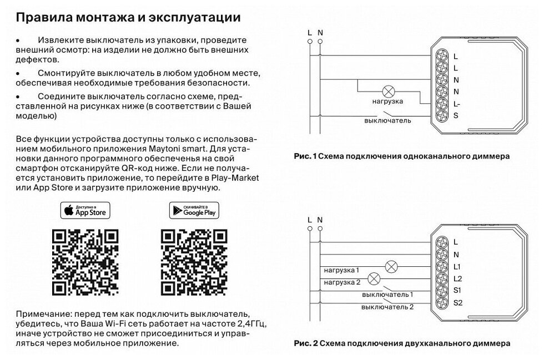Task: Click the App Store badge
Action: [85, 210]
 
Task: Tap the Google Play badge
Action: [194, 210]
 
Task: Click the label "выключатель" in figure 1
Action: [387, 120]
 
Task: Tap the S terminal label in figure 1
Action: [455, 116]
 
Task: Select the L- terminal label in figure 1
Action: [457, 104]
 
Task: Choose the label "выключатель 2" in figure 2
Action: [387, 307]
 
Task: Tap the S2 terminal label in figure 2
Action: [457, 302]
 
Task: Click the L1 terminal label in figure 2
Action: [457, 267]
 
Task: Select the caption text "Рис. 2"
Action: [305, 343]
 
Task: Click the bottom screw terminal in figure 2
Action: [443, 302]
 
